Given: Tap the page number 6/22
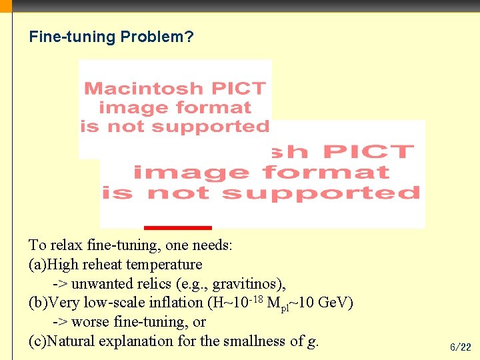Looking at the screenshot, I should point(460,347).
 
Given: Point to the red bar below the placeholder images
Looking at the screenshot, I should point(177,228).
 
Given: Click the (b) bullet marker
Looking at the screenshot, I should point(38,303).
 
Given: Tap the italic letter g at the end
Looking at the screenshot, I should point(311,342).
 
